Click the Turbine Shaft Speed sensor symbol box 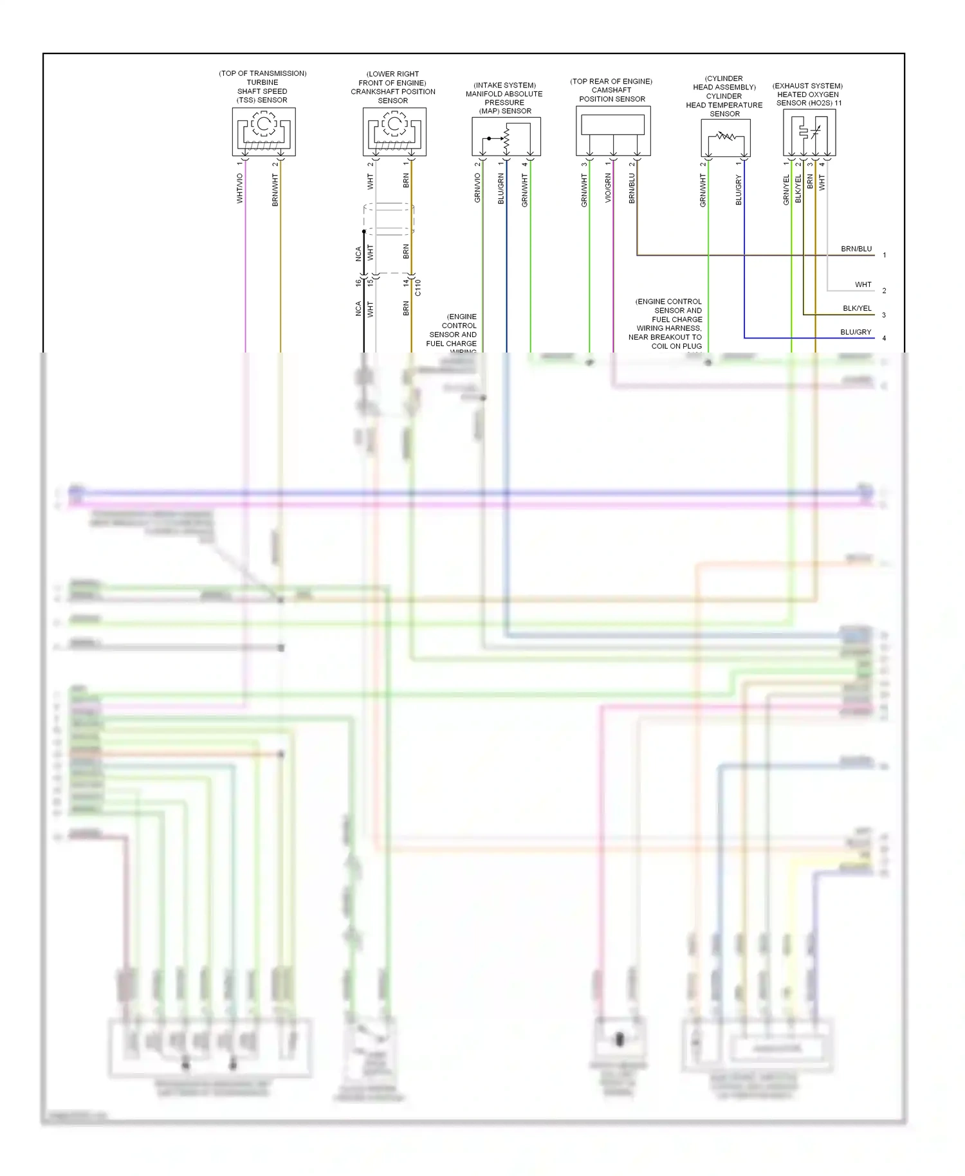[x=264, y=131]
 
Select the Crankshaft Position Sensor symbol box [x=394, y=131]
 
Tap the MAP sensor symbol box [x=506, y=136]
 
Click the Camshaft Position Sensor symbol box [x=613, y=131]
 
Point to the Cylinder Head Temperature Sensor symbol [x=726, y=138]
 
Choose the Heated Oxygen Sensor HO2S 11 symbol [x=809, y=133]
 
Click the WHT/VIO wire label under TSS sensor [x=240, y=188]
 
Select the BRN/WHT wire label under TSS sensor [x=275, y=190]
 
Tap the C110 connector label [x=418, y=288]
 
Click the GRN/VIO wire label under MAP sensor [x=477, y=188]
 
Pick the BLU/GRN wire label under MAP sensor [x=501, y=189]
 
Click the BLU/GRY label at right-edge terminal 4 [x=856, y=332]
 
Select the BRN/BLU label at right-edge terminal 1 [x=856, y=249]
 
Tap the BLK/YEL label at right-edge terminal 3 [x=857, y=308]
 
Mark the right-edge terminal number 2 [x=884, y=291]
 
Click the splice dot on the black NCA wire [x=364, y=232]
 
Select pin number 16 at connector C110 [x=358, y=282]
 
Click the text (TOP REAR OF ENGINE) [x=611, y=81]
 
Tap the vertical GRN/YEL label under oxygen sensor [x=786, y=190]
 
